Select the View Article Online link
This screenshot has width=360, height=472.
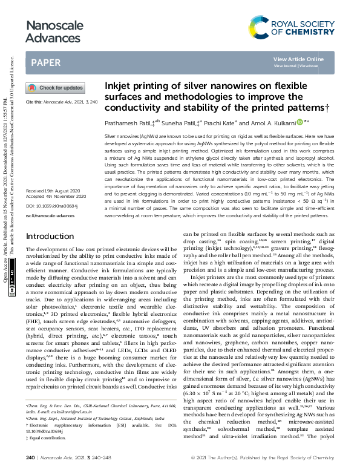pos(298,59)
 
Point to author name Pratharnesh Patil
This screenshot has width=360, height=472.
pos(128,122)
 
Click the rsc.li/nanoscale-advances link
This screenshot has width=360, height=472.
pos(50,180)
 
